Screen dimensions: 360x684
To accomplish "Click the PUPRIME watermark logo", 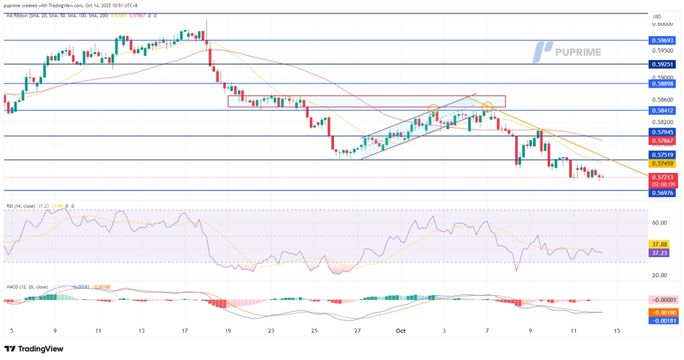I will [x=567, y=51].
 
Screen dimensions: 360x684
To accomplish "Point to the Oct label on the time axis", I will [x=401, y=331].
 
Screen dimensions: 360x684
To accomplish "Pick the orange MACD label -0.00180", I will [x=663, y=311].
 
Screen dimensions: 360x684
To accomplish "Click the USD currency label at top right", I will [x=657, y=17].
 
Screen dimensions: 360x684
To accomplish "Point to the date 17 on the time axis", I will [x=184, y=331].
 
